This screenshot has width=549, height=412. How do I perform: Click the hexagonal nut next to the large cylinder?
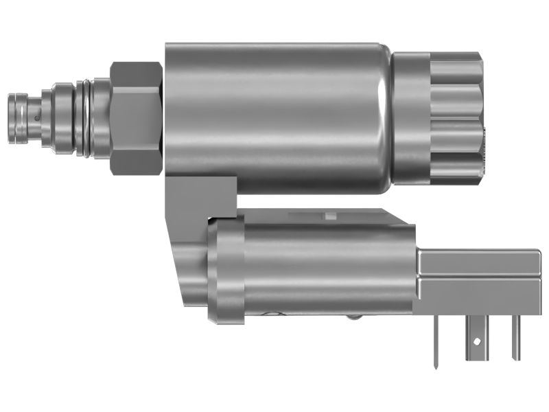[136, 117]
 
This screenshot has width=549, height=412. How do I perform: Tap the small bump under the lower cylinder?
[353, 317]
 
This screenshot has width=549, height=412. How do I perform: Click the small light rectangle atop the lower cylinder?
[330, 216]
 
